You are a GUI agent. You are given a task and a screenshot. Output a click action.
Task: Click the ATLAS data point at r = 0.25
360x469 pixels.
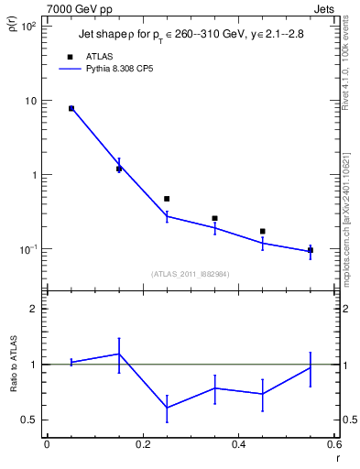pyautogui.click(x=167, y=199)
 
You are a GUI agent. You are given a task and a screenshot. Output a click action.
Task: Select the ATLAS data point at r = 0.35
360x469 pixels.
pyautogui.click(x=214, y=218)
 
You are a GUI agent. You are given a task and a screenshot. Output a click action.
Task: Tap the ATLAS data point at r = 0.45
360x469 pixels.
pyautogui.click(x=263, y=232)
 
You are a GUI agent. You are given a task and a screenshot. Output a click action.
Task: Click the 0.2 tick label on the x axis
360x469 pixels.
pyautogui.click(x=142, y=445)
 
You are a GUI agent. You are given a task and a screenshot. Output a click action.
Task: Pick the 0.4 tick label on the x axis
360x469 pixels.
pyautogui.click(x=238, y=445)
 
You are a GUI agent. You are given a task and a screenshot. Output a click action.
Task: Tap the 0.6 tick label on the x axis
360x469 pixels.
pyautogui.click(x=334, y=445)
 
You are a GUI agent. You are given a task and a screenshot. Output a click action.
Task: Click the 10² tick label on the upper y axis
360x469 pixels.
pyautogui.click(x=27, y=27)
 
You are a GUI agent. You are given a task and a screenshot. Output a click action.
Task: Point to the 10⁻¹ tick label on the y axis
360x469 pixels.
pyautogui.click(x=27, y=249)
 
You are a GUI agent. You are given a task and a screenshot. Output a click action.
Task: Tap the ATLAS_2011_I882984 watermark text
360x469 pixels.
pyautogui.click(x=191, y=273)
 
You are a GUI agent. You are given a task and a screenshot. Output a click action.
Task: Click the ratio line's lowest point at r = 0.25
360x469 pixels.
pyautogui.click(x=167, y=408)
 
